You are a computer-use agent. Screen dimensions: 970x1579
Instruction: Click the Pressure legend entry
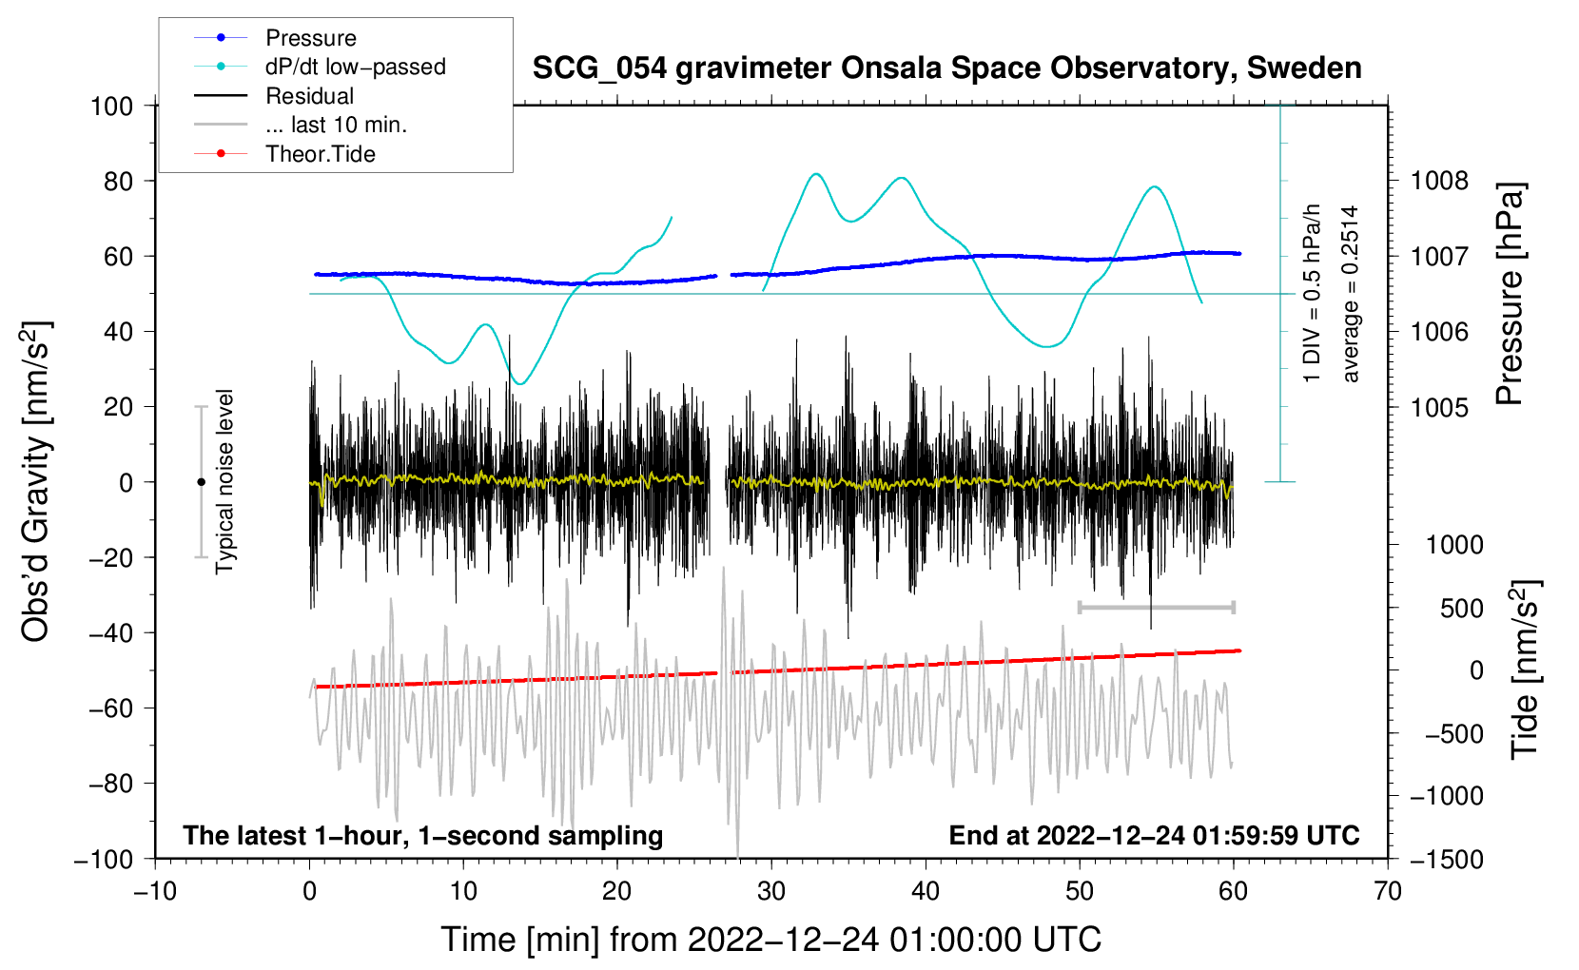[310, 38]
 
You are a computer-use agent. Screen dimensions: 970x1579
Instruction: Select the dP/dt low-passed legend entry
[355, 67]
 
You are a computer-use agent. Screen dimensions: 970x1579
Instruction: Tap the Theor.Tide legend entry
[320, 154]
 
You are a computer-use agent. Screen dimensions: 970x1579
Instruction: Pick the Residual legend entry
[309, 96]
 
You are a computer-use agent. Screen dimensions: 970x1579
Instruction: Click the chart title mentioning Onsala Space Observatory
[946, 68]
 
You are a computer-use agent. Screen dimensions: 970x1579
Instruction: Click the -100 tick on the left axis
[105, 859]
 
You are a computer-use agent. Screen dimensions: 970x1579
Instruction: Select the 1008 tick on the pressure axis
[1439, 181]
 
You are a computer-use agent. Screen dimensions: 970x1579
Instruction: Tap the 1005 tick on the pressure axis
[1439, 407]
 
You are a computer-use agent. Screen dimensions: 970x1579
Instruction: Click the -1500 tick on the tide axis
[1446, 859]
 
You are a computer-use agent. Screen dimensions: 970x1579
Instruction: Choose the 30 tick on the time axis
[771, 891]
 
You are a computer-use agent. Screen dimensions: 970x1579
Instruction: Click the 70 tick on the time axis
[1388, 891]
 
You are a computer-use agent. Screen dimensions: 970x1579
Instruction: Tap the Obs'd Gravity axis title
[36, 481]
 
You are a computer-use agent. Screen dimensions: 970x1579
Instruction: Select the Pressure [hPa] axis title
[1510, 295]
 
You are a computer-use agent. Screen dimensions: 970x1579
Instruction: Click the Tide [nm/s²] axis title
[1525, 669]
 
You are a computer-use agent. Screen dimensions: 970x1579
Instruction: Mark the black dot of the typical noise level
[201, 482]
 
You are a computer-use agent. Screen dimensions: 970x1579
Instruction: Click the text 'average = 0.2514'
[1351, 294]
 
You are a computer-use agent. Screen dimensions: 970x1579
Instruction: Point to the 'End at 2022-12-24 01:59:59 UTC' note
[1154, 835]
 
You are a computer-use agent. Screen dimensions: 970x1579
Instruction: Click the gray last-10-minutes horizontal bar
[1156, 607]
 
